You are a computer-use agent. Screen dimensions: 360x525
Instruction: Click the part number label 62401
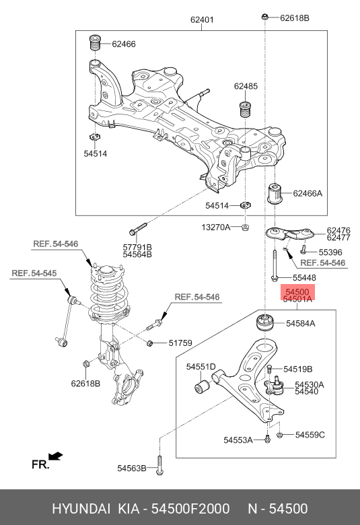pyautogui.click(x=202, y=20)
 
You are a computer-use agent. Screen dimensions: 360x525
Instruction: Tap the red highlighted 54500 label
pyautogui.click(x=297, y=292)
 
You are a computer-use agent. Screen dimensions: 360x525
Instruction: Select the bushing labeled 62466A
pyautogui.click(x=275, y=193)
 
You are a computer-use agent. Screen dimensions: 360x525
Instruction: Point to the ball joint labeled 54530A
pyautogui.click(x=275, y=386)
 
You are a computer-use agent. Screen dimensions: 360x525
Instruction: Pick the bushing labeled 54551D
pyautogui.click(x=202, y=386)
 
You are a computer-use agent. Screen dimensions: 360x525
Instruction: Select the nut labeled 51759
pyautogui.click(x=150, y=343)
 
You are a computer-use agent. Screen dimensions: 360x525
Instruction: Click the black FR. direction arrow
pyautogui.click(x=56, y=456)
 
